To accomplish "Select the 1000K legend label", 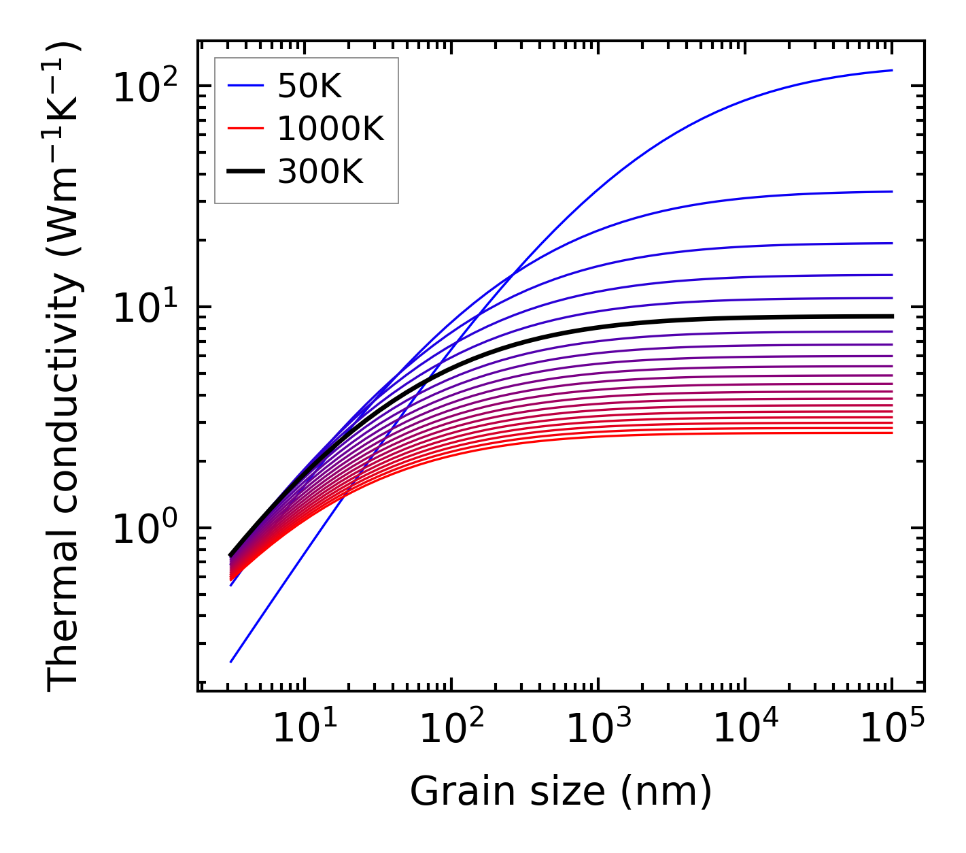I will pos(330,129).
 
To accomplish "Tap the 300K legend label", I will pos(320,172).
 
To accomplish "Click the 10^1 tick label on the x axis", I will pos(304,729).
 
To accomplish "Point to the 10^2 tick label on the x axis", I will pos(451,729).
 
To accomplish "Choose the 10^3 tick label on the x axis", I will pos(598,729).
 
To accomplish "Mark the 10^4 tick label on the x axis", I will pos(745,729).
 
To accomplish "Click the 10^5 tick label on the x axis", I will pos(892,729).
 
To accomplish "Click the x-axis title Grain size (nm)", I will pos(561,792).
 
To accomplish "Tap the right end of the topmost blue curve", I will pos(892,70).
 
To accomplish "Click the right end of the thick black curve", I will pos(892,316).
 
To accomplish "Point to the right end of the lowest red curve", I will pos(892,433).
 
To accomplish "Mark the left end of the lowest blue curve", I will pos(231,662).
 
